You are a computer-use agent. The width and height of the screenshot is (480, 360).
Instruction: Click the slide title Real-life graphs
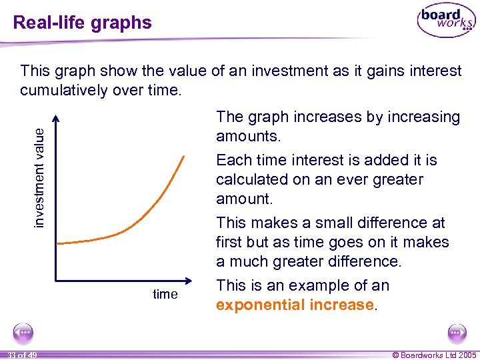coord(83,23)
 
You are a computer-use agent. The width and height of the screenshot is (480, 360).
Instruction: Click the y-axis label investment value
coord(41,177)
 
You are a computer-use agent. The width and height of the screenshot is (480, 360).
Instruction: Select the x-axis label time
coord(165,294)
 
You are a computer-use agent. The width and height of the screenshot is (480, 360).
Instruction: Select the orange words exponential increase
coord(295,305)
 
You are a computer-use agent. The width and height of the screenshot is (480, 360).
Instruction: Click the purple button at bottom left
coord(24,333)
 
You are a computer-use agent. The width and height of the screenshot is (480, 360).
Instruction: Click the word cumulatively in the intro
coord(65,89)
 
